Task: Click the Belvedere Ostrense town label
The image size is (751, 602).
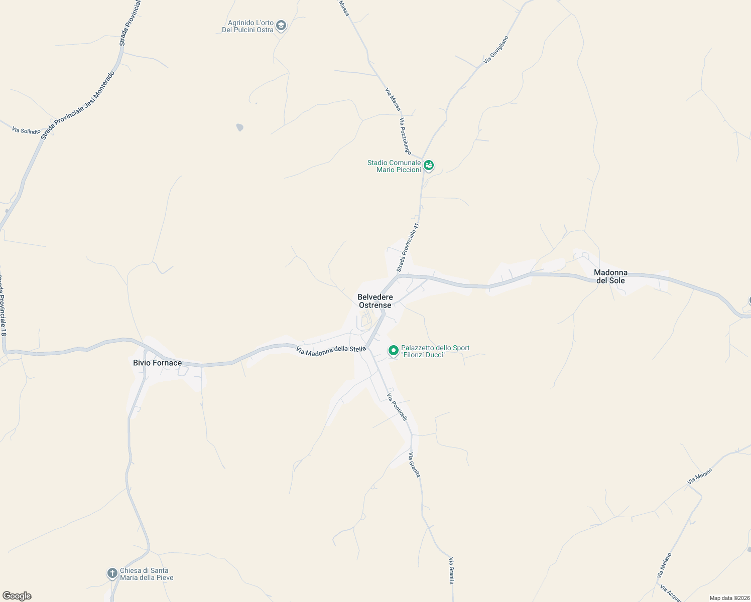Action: [375, 301]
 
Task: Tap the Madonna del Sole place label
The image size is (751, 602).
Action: [610, 276]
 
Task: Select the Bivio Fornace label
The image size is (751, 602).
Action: [157, 363]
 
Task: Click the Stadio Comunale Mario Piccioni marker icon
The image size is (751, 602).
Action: [428, 165]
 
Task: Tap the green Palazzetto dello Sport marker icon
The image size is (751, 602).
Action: [394, 351]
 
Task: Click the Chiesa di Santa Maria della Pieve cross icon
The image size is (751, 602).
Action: [112, 573]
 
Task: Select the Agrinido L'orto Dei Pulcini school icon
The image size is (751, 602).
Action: [281, 25]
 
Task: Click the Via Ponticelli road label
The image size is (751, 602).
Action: [397, 407]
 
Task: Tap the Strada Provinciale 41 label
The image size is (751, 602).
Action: [407, 248]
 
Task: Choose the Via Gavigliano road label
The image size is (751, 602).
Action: [496, 49]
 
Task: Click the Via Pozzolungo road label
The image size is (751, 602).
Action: [405, 136]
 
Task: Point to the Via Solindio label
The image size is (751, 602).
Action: [26, 130]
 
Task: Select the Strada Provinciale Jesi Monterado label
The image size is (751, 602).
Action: [78, 105]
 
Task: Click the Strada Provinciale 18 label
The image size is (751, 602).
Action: [3, 305]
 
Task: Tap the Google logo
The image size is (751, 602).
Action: [17, 596]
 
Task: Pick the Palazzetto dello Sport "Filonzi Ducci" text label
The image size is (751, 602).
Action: [435, 351]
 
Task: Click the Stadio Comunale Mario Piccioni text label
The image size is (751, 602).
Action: [394, 166]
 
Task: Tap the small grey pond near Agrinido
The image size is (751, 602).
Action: [240, 127]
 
